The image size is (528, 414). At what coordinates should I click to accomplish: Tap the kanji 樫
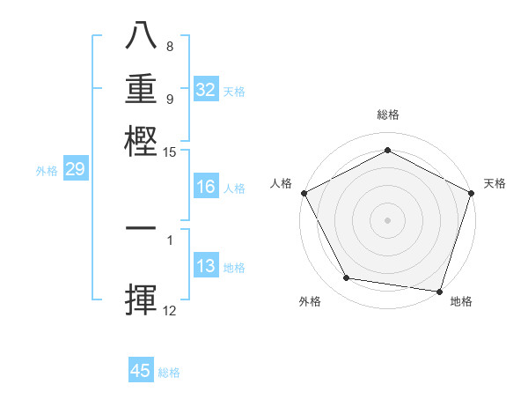tap(142, 140)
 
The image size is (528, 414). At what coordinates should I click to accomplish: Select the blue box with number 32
tap(206, 90)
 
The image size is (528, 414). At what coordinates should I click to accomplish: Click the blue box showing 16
tap(206, 187)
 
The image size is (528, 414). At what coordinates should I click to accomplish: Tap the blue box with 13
tap(206, 266)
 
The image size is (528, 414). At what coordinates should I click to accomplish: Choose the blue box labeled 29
tap(75, 170)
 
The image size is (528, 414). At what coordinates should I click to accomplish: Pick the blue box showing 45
tap(141, 371)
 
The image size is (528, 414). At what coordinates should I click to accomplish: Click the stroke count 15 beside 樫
tap(170, 152)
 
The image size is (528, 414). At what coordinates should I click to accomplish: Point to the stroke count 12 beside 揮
tap(170, 310)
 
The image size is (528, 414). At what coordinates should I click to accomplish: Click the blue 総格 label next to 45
tap(169, 373)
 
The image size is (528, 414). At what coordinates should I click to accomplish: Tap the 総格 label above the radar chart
tap(387, 115)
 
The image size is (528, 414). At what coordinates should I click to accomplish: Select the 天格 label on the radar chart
tap(495, 183)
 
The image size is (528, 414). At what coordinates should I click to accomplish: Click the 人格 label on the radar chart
tap(282, 183)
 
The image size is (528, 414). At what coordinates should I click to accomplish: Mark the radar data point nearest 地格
tap(439, 291)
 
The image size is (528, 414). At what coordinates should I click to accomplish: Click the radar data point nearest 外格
tap(347, 278)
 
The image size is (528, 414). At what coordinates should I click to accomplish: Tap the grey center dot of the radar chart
tap(387, 219)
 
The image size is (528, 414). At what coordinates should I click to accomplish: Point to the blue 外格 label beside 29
tap(47, 171)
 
